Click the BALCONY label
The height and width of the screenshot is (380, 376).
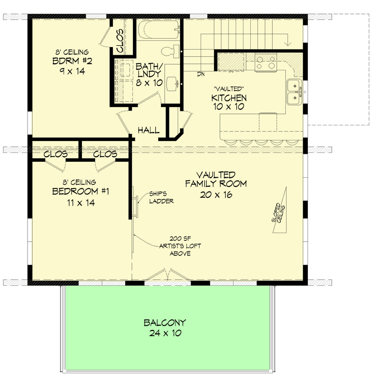(x=165, y=322)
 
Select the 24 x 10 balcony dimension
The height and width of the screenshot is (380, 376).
(x=165, y=333)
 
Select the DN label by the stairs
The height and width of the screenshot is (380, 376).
(x=200, y=74)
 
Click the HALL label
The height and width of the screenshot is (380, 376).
(x=148, y=130)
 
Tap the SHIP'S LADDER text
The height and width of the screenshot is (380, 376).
(x=161, y=198)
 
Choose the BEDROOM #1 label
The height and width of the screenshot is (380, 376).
(x=81, y=192)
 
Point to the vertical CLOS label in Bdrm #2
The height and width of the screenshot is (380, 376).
(x=120, y=40)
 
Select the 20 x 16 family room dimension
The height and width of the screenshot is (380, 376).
(x=216, y=194)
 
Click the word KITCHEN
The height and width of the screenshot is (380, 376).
(x=228, y=98)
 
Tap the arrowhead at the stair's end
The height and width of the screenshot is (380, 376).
(x=288, y=43)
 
